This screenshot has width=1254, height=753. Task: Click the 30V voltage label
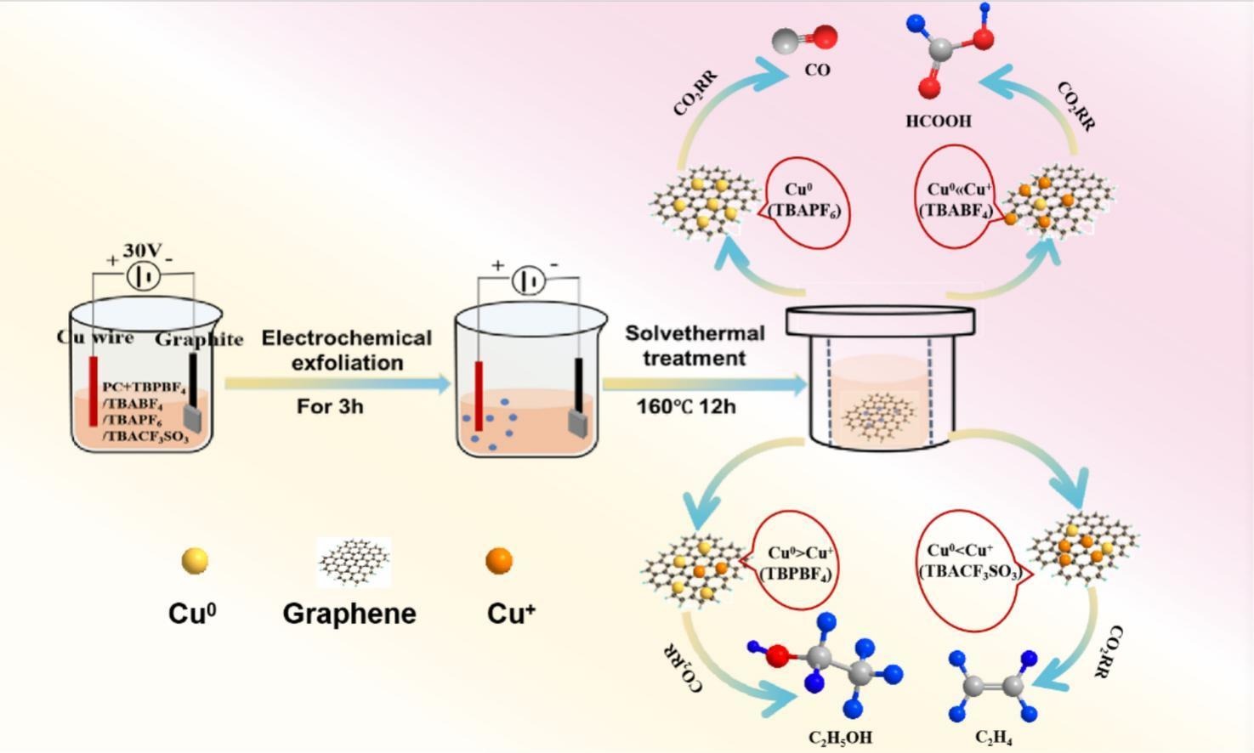142,251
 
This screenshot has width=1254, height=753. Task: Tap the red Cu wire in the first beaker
93,391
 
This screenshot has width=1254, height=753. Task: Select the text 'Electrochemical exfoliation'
346,350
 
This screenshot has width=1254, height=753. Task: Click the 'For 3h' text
330,407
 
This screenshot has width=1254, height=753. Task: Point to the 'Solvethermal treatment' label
695,346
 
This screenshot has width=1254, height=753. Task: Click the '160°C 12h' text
686,407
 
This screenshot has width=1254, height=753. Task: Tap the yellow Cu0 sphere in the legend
195,561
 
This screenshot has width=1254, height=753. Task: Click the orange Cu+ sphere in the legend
499,561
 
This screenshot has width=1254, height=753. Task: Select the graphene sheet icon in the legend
354,562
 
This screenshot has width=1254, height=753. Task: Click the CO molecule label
817,71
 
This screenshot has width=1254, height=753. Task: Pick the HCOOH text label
938,122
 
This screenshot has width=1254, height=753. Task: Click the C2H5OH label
840,737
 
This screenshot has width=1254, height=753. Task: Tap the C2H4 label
993,737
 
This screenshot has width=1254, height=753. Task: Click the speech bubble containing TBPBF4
796,562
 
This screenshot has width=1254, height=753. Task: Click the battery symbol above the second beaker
528,280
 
